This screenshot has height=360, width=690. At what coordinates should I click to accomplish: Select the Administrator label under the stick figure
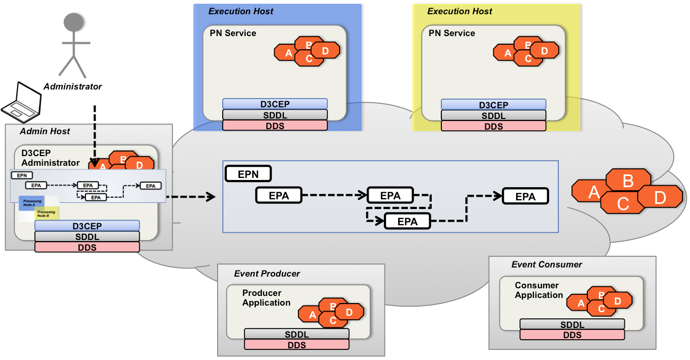coord(73,86)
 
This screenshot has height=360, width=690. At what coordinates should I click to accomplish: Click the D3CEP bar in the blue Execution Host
coord(275,105)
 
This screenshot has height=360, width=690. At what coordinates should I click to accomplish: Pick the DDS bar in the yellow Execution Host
coord(493,126)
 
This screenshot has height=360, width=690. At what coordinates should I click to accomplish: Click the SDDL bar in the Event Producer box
coord(296,334)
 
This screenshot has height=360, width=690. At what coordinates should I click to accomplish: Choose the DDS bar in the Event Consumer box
coord(572,335)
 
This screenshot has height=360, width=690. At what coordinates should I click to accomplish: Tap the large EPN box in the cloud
coord(248,174)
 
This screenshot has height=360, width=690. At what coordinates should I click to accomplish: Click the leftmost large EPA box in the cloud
coord(279,195)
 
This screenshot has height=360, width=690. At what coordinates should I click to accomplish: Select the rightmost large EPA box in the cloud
coord(525,196)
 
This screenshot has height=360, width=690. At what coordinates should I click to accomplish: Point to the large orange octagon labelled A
coord(593,192)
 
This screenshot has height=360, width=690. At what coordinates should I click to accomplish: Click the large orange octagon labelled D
coord(660,197)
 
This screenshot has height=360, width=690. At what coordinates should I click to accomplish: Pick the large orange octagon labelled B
coord(628,181)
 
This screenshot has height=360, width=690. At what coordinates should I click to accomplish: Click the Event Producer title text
coord(267,274)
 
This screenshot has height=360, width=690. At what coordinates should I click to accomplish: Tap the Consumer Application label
coord(538,290)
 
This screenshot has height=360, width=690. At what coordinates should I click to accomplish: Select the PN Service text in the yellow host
coord(452,33)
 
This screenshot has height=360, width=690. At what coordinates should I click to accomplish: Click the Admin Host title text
coord(45,131)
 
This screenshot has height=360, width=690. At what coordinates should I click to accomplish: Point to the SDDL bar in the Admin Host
coord(87,236)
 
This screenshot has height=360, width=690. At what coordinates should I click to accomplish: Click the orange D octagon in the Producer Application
coord(349,312)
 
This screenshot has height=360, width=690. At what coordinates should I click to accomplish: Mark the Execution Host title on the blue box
coord(241,11)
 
